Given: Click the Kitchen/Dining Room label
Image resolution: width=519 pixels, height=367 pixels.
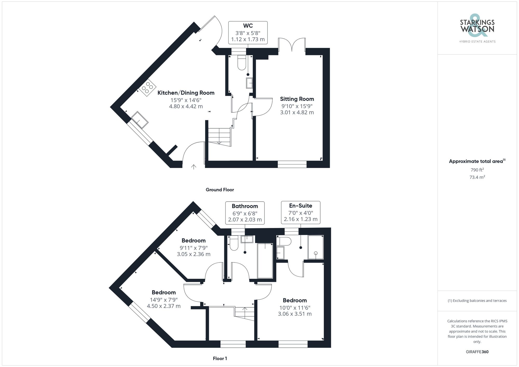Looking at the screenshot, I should [186, 93].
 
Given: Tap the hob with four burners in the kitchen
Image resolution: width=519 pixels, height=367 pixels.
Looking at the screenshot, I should [147, 87].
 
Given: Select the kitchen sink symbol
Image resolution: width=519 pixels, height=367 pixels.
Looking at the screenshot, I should [140, 120].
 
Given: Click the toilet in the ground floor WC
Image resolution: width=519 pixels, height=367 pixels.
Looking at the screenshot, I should [242, 63].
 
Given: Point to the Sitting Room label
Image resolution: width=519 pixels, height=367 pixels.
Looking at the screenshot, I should [297, 99].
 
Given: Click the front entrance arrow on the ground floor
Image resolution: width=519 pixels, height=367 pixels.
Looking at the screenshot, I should [194, 167].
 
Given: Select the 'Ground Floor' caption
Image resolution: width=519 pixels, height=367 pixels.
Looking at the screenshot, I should [220, 190].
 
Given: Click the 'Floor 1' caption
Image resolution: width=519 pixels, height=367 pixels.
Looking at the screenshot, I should [220, 358].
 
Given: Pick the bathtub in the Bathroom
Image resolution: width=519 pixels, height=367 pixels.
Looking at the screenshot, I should [265, 261].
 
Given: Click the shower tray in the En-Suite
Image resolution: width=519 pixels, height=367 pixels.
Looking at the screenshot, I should [316, 247].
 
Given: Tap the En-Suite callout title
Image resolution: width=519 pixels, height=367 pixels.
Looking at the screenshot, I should [301, 206].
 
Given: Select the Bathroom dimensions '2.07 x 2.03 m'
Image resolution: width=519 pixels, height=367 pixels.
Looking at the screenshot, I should [245, 220].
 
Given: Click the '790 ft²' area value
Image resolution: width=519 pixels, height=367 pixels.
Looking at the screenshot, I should [477, 170].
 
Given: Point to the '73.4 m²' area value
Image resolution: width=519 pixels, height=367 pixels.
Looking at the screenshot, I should [477, 177].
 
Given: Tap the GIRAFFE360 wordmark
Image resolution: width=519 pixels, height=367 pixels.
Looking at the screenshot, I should [477, 352].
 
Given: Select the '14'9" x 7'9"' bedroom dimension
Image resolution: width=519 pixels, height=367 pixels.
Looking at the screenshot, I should [164, 300].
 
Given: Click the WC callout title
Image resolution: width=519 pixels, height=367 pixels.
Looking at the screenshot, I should [248, 26].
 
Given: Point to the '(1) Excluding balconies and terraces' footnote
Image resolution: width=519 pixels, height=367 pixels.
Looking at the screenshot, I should [477, 301].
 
